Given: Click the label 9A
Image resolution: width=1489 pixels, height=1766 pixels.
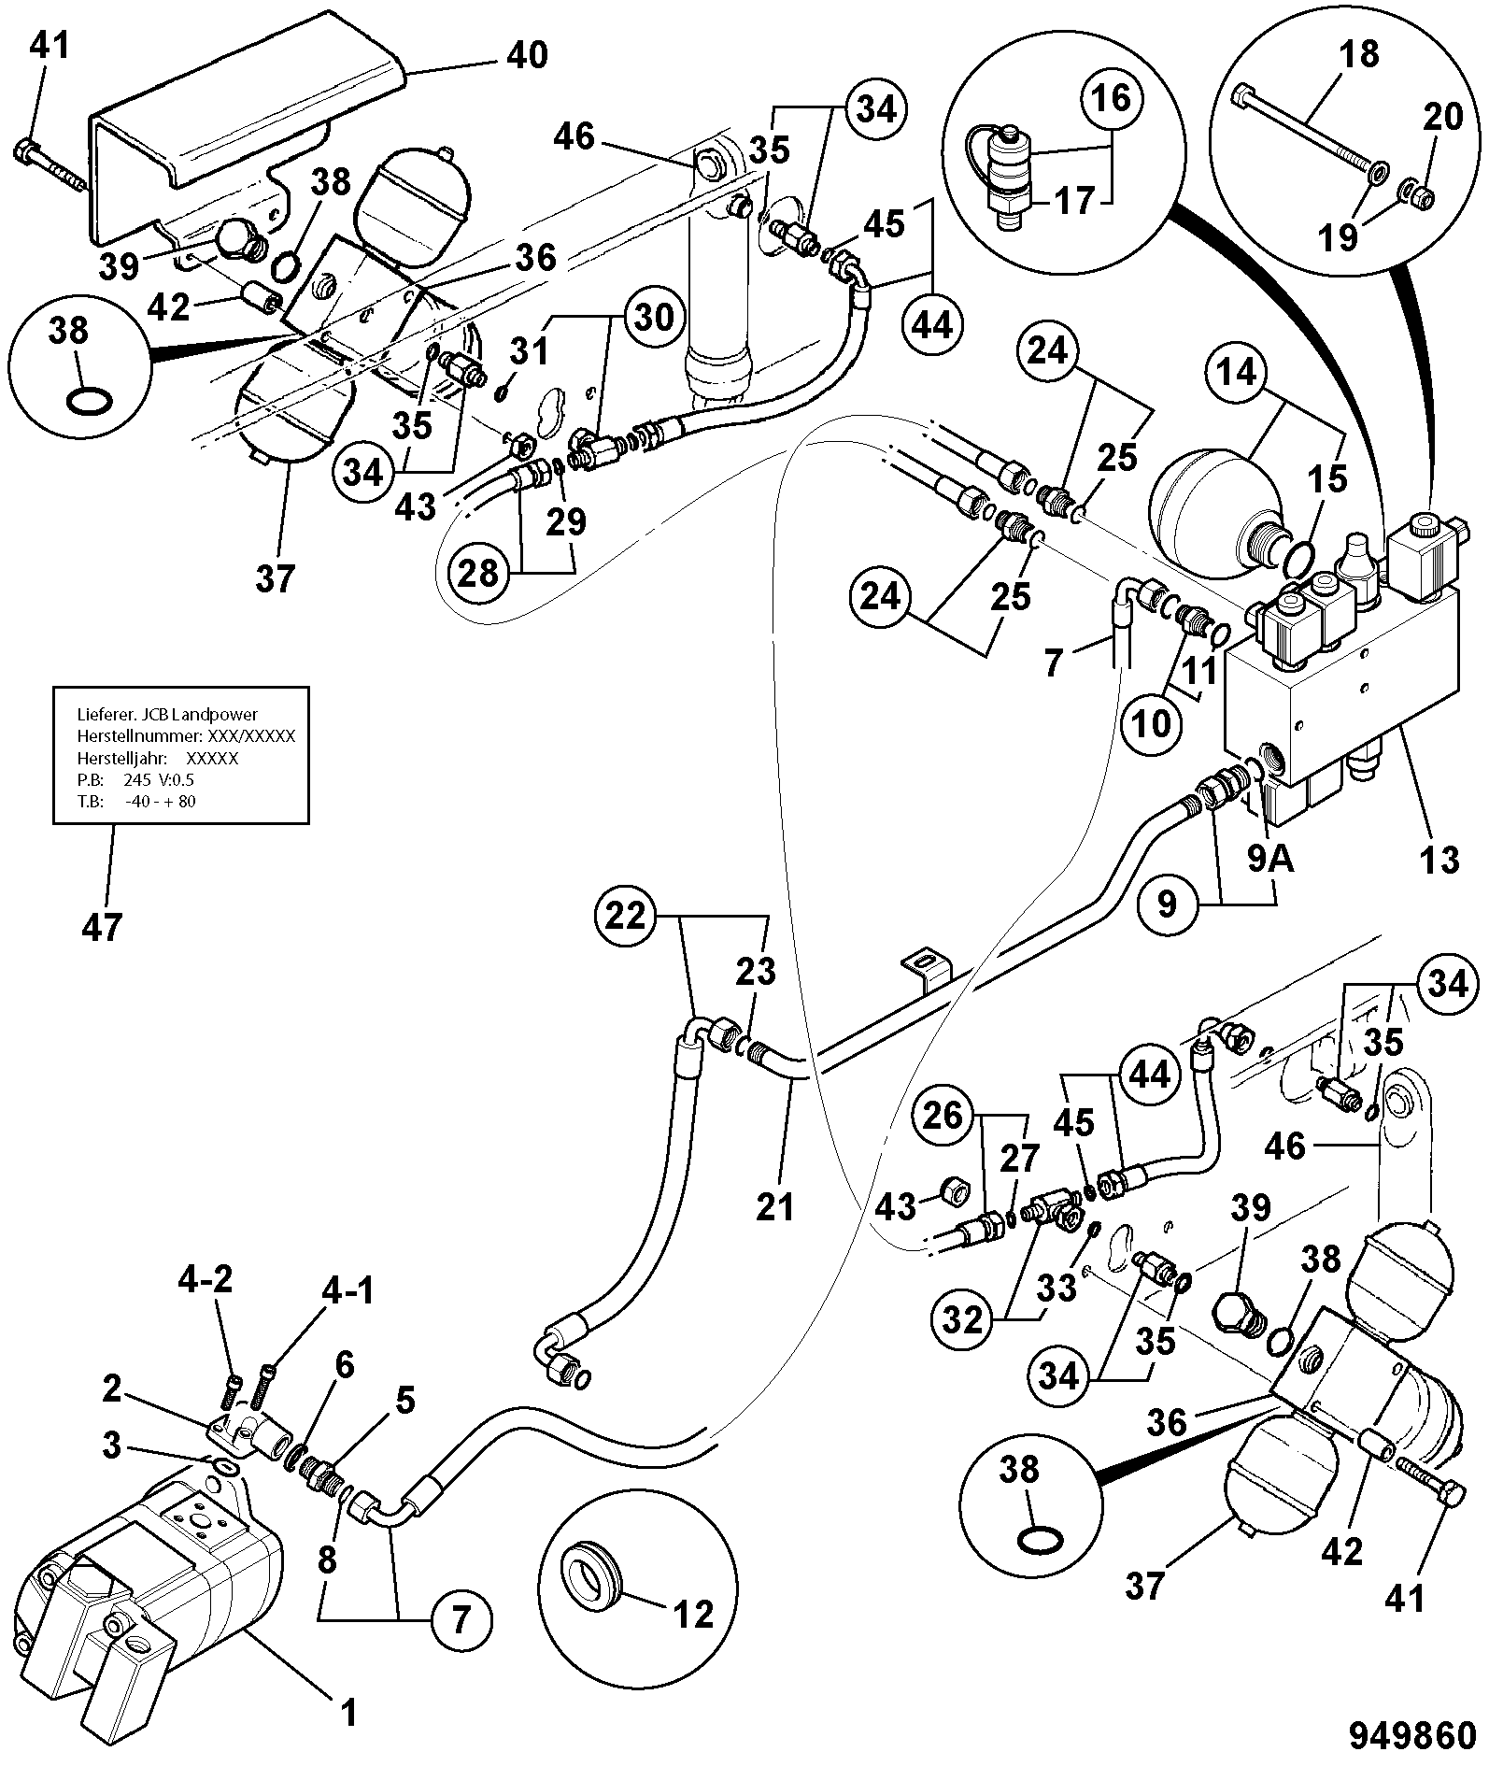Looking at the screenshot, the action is pos(1270,858).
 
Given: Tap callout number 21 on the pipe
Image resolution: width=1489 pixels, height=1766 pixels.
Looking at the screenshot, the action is pos(773,1206).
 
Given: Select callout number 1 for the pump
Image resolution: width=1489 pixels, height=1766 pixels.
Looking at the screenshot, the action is pos(347,1714).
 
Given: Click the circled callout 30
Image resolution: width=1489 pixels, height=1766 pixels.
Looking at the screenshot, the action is pos(653,317).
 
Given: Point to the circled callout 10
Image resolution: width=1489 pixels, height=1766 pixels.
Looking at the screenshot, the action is pos(1150,722).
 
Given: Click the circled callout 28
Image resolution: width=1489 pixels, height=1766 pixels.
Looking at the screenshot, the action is pos(477,571).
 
